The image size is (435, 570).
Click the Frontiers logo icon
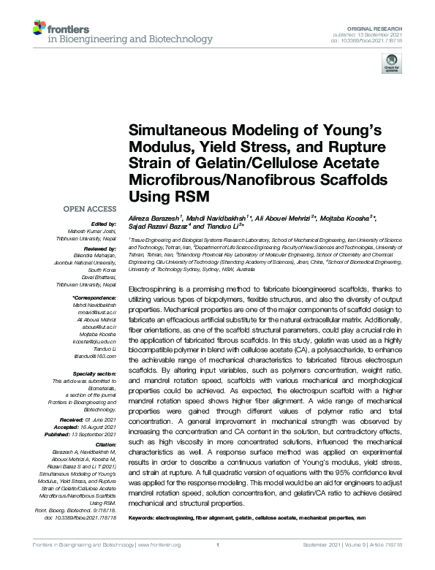pyautogui.click(x=39, y=29)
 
